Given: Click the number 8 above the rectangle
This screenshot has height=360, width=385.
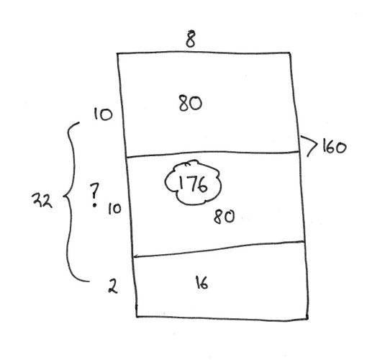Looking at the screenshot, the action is tap(191, 39).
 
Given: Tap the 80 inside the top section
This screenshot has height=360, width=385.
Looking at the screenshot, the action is tap(191, 104).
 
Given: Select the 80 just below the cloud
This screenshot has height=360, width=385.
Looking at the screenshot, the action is tap(224, 217).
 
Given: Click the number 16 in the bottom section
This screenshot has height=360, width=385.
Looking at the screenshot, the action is tap(201, 282).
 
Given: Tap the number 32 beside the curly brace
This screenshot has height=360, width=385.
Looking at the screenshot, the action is tap(42, 199).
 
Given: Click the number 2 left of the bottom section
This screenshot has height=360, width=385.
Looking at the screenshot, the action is tap(113, 286).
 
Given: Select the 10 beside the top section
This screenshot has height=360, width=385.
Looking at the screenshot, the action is tap(103, 114).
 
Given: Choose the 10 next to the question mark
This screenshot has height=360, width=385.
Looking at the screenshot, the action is tap(114, 209).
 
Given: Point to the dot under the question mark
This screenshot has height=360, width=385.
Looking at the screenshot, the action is tap(94, 204).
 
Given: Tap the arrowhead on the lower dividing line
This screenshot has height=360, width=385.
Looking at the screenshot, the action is tap(135, 256).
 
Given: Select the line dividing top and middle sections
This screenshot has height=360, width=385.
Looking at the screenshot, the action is tap(212, 153).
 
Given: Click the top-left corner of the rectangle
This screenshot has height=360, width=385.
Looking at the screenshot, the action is tap(117, 53).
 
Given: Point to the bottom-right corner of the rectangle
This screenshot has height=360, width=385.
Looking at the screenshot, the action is tap(308, 319).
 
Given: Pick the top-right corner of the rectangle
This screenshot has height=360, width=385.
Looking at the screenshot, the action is tap(290, 53).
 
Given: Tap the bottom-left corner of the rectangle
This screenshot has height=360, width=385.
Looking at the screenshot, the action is tap(137, 316).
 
